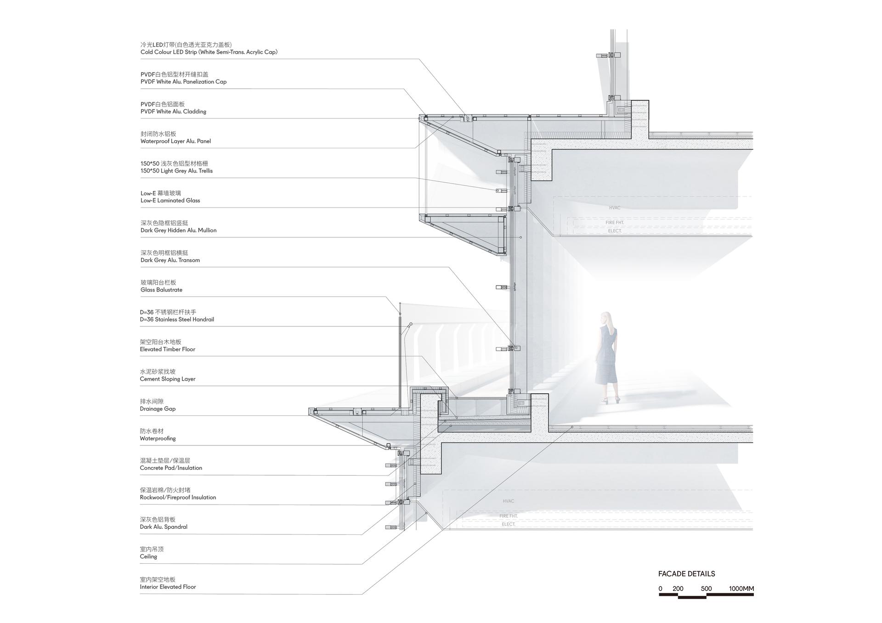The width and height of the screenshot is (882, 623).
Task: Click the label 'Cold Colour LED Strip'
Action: pos(169,52)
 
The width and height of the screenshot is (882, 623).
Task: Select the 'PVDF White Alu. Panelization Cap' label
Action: pos(183,82)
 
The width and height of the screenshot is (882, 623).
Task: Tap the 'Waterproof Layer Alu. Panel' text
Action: pos(175,141)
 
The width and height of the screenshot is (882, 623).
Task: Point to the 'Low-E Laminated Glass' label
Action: pos(170,201)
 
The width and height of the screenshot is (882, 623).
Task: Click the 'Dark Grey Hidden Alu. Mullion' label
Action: pos(178,230)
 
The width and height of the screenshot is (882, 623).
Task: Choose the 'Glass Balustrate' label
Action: pos(161,290)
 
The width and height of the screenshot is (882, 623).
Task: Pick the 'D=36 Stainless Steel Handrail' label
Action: pos(177,320)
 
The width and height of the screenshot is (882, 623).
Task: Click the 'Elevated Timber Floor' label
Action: pos(167,349)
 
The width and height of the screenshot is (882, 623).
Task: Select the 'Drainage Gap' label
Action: pos(158,409)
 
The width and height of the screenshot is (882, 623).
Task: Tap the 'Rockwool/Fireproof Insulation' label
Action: pos(178,498)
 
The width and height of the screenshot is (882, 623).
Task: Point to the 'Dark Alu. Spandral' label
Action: pos(164,527)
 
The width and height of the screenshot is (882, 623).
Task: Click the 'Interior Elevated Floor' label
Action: pos(168,587)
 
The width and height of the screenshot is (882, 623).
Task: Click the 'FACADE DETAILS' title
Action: pos(686,574)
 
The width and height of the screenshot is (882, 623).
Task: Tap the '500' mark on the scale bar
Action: pos(706,589)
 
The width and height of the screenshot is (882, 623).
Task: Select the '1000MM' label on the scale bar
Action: pos(741,589)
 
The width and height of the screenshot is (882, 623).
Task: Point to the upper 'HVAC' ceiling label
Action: pos(615,208)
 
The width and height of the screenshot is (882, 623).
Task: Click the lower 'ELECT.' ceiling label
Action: pos(509,524)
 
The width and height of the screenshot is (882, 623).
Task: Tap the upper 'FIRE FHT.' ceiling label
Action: pos(615,223)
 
